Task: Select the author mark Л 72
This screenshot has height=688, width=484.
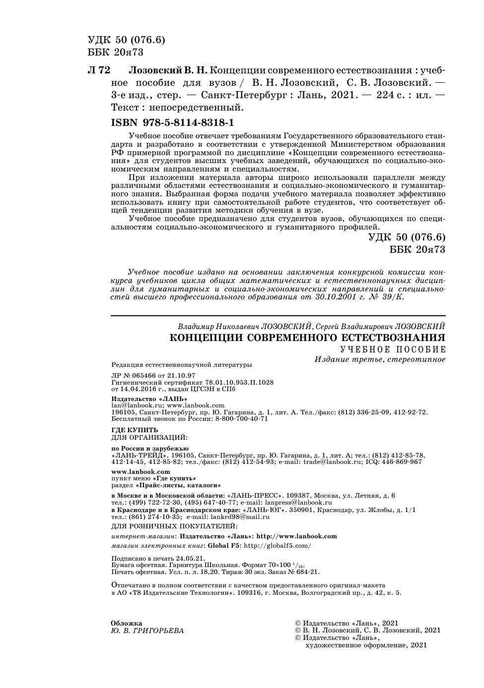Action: (99, 70)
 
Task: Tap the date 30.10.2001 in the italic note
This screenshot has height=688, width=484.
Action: (337, 297)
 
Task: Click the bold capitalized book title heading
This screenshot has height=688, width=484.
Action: (307, 338)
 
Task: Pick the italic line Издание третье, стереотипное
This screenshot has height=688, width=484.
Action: (380, 359)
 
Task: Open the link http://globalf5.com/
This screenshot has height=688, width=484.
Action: (277, 546)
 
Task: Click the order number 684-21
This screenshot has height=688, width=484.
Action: (307, 572)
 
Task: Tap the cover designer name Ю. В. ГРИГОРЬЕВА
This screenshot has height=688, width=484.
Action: (147, 631)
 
